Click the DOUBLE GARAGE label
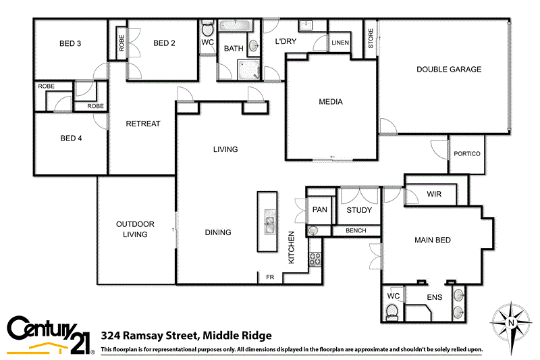[x=448, y=69]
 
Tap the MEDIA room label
[x=331, y=102]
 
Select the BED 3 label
[x=70, y=44]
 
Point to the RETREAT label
[x=143, y=124]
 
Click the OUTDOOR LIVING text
[x=135, y=229]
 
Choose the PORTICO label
[x=467, y=154]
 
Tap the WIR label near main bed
[x=434, y=194]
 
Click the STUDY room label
[x=359, y=210]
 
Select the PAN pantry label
[x=319, y=209]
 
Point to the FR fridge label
[x=269, y=277]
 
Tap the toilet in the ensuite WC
[x=391, y=311]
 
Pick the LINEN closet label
[x=340, y=43]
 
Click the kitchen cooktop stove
[x=315, y=257]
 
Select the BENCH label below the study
[x=356, y=231]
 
